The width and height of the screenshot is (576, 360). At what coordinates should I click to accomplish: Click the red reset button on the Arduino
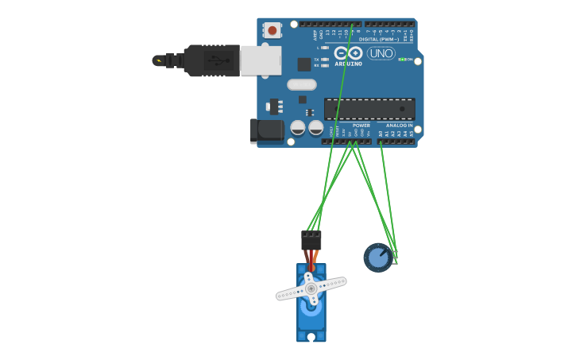click(273, 30)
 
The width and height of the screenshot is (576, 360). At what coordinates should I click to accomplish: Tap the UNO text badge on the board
click(381, 53)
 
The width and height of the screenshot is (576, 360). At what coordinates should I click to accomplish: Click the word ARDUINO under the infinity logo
click(349, 64)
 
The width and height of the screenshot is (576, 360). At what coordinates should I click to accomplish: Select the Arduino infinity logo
click(348, 52)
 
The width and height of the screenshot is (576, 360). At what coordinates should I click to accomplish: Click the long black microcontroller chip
click(369, 109)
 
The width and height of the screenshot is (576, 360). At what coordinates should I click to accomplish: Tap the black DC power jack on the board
click(267, 130)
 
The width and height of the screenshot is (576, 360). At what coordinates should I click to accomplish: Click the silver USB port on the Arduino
click(261, 60)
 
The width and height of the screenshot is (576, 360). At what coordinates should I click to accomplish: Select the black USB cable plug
click(211, 60)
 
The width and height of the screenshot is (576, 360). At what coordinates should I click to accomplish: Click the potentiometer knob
click(378, 257)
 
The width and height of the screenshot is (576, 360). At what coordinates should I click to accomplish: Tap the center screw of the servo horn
click(311, 288)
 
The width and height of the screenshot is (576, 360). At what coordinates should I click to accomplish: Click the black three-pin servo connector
click(311, 240)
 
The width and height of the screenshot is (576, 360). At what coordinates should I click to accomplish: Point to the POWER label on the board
click(361, 126)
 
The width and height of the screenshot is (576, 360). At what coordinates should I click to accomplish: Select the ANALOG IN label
click(399, 126)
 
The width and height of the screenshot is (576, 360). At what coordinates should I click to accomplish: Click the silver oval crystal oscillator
click(301, 84)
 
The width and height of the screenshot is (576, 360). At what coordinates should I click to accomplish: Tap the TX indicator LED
click(324, 59)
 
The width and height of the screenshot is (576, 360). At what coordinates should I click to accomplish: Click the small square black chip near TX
click(303, 64)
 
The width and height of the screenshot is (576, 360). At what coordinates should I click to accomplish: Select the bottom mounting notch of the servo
click(311, 337)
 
